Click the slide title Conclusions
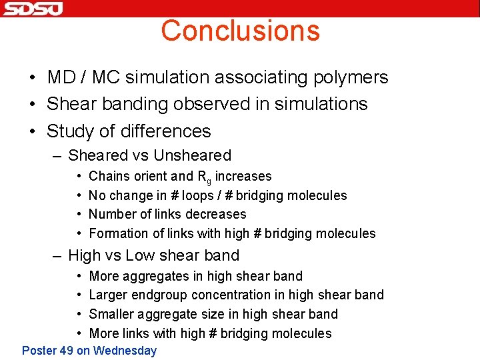pos(240,31)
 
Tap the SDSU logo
pos(32,9)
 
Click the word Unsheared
pos(192,155)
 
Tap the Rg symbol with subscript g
pos(203,177)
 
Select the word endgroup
pos(165,295)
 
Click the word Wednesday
pos(125,351)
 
